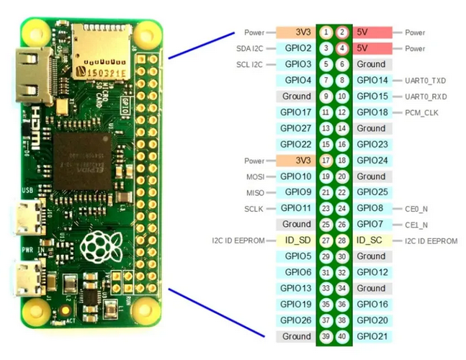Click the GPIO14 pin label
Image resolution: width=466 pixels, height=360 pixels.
372,80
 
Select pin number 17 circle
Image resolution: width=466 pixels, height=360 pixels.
326,160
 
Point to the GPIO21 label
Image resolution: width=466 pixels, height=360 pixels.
372,336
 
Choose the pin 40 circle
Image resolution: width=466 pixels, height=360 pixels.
343,336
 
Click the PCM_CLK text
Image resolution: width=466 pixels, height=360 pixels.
421,112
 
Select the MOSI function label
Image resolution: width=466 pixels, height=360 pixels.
254,176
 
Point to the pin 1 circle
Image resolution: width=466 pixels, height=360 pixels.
326,32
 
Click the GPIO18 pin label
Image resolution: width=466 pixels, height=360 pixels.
372,112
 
